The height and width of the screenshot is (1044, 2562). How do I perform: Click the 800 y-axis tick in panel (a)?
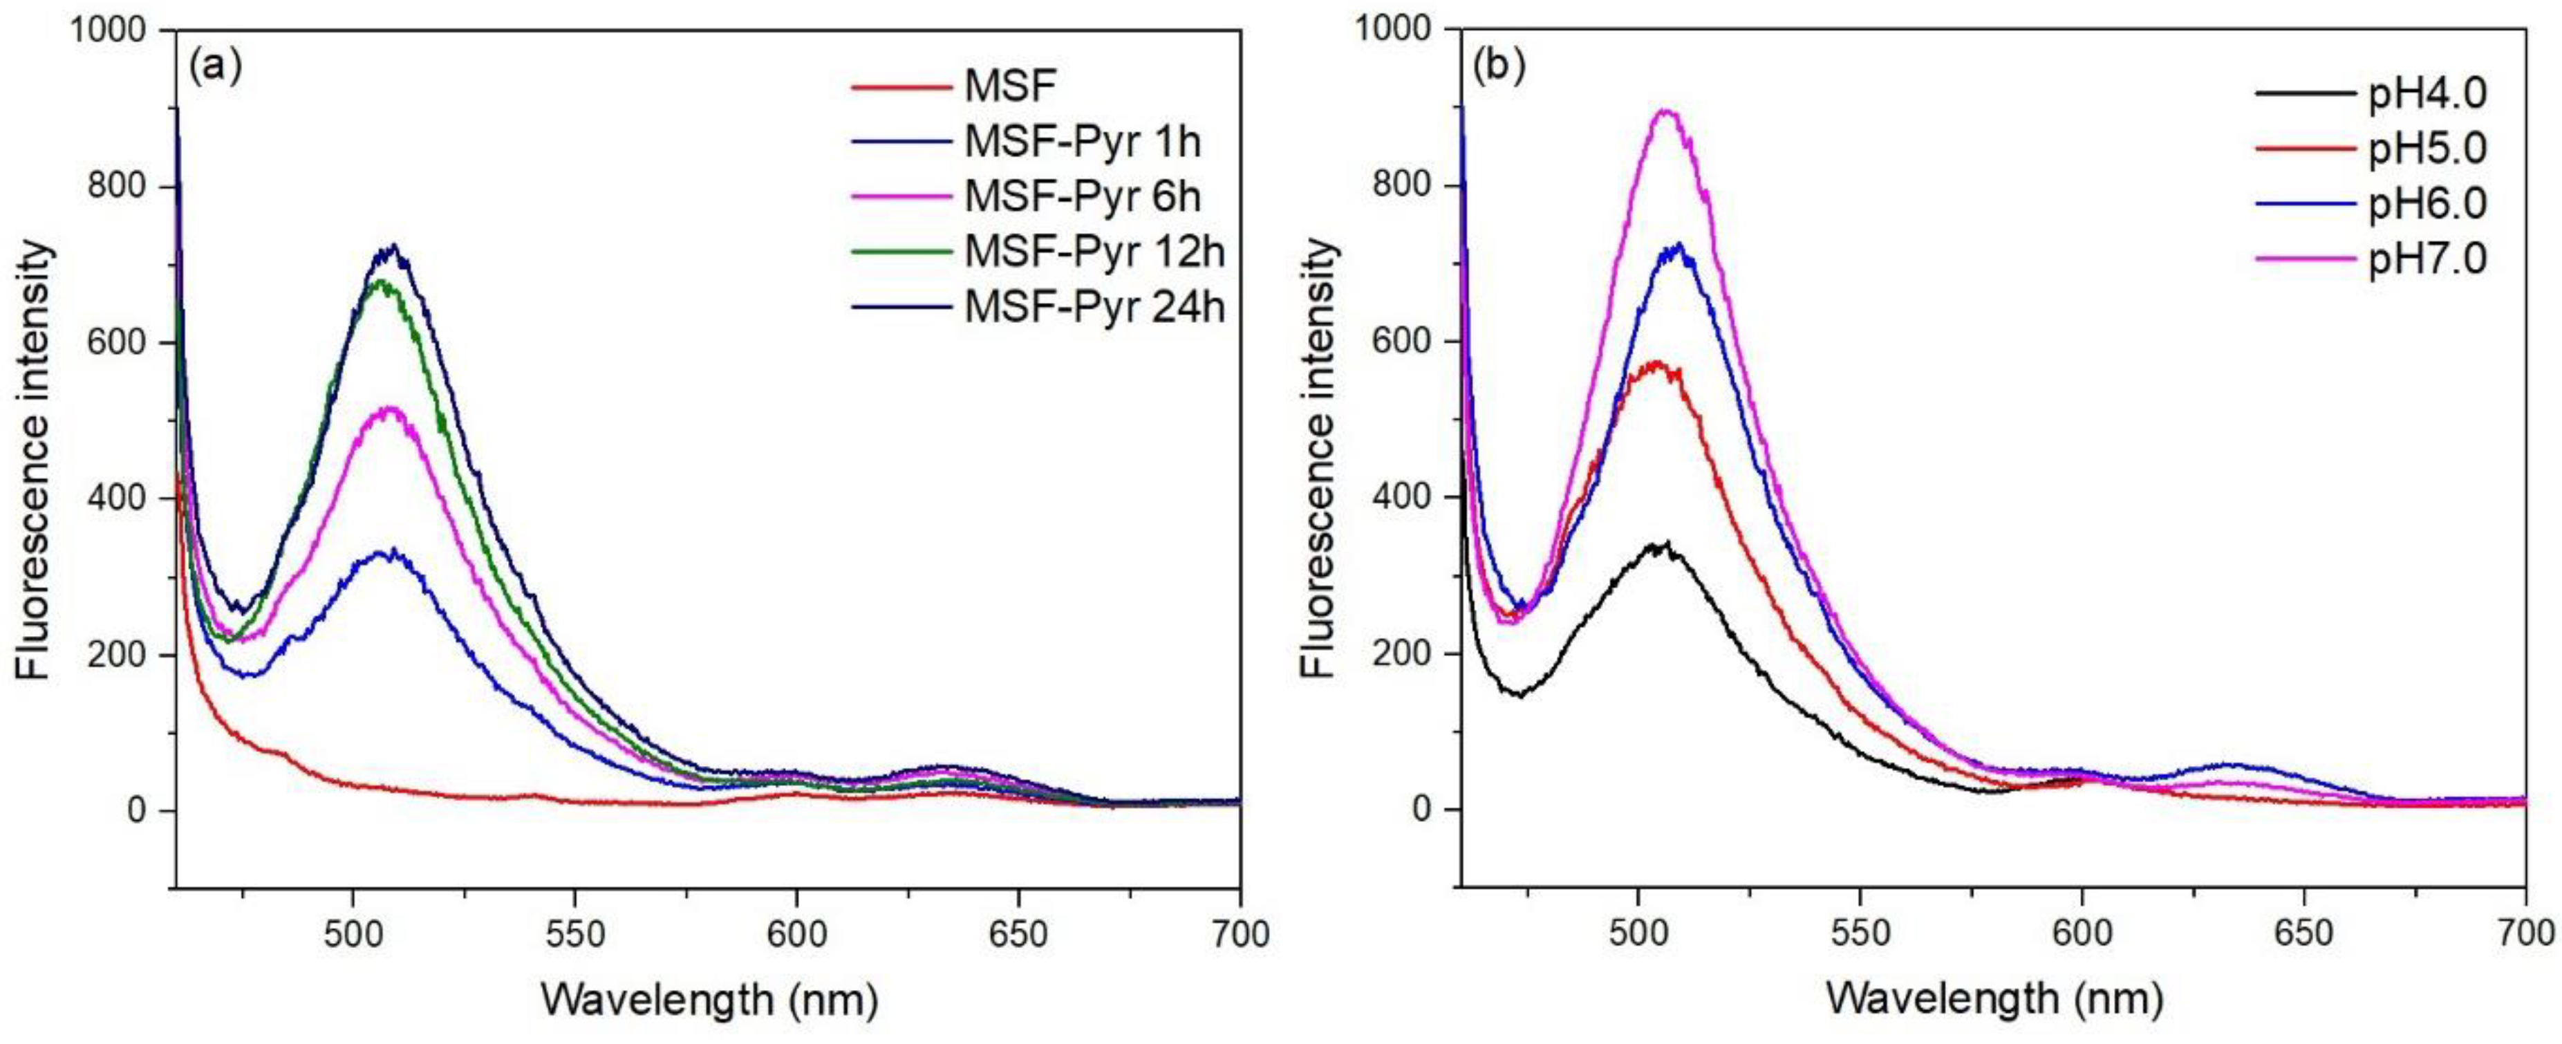(x=124, y=186)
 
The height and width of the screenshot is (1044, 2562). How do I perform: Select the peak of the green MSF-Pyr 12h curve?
(x=382, y=282)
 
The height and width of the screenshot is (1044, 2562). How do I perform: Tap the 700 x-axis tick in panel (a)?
(x=1240, y=935)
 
